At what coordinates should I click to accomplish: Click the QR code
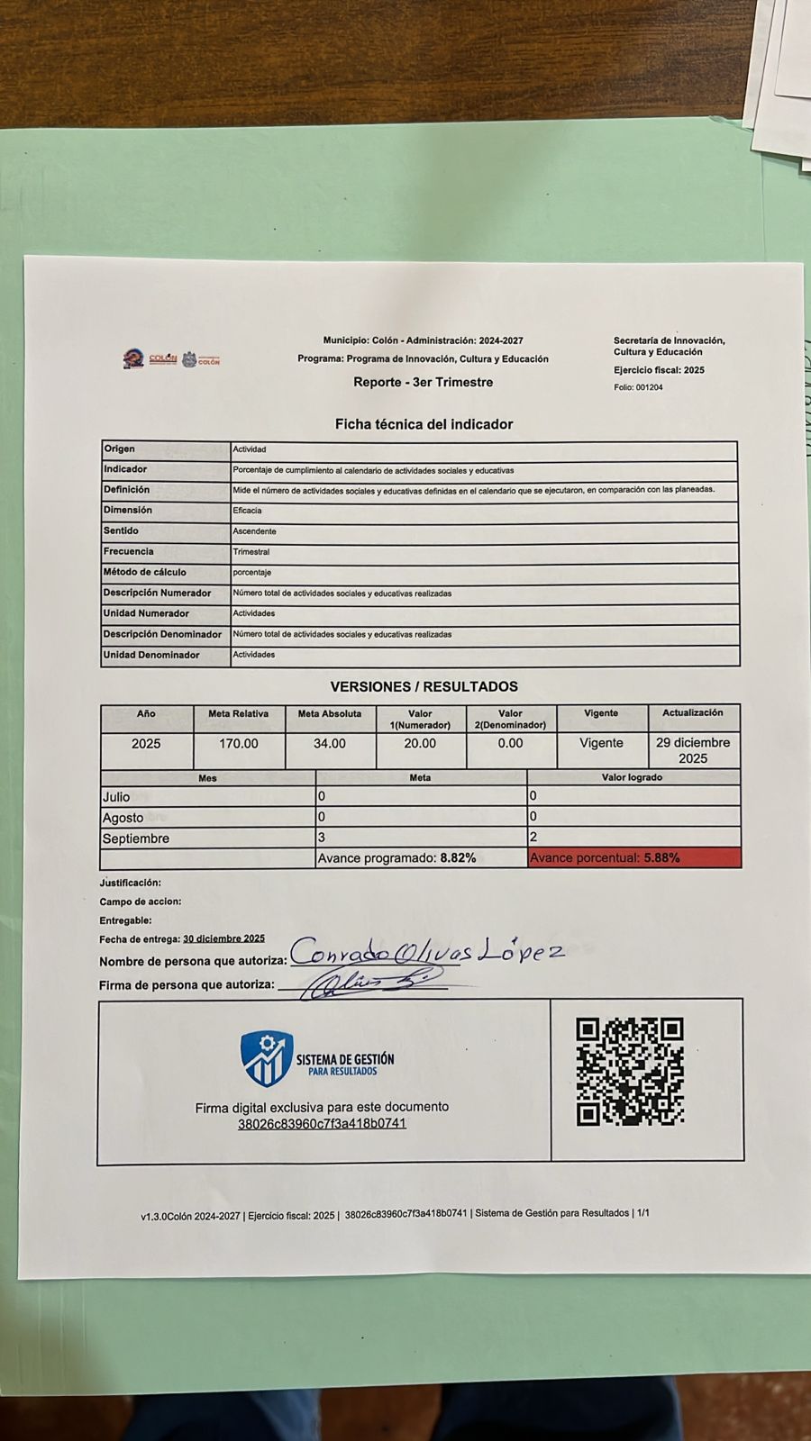[630, 1072]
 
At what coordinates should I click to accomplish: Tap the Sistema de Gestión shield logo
[267, 1058]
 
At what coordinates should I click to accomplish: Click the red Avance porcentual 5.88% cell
[633, 858]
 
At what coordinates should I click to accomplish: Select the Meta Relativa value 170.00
[239, 744]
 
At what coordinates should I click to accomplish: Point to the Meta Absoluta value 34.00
[330, 744]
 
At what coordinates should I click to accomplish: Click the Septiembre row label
[136, 838]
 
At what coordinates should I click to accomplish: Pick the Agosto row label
[123, 818]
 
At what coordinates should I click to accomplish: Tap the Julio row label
[116, 797]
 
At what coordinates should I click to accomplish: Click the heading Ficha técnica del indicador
[424, 424]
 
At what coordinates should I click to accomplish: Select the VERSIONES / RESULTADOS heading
[424, 686]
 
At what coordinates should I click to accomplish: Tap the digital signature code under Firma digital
[322, 1124]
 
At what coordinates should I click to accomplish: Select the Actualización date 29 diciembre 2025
[692, 750]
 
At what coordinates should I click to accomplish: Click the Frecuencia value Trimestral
[251, 552]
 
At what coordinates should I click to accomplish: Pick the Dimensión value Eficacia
[247, 511]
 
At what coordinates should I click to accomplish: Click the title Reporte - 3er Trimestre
[423, 382]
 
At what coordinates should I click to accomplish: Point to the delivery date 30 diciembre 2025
[223, 938]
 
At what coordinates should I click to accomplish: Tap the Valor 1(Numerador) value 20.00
[420, 744]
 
